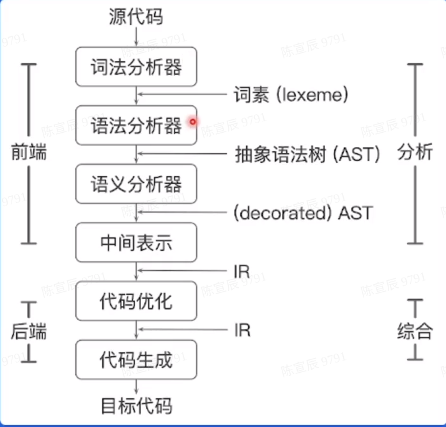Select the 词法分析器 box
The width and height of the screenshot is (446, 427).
point(136,66)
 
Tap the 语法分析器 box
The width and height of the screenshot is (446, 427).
point(136,125)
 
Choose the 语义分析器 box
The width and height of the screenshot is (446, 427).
point(136,184)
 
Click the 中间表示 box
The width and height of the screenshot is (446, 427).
point(136,243)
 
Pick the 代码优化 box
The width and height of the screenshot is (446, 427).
point(136,301)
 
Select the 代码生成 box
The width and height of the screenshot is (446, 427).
point(136,359)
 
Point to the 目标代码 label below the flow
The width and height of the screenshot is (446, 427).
point(136,405)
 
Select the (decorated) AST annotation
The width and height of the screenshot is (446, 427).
point(303,213)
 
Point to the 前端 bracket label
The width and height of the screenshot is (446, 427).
point(29,153)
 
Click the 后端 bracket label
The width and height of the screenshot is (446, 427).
point(29,331)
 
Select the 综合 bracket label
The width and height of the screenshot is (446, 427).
point(415,331)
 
